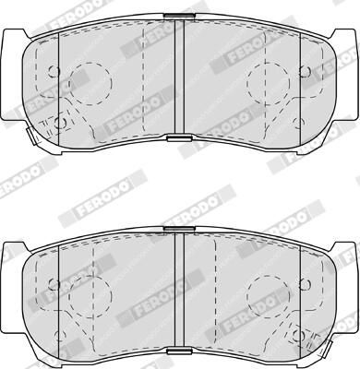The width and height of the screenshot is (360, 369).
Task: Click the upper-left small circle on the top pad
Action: pos(54,72)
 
